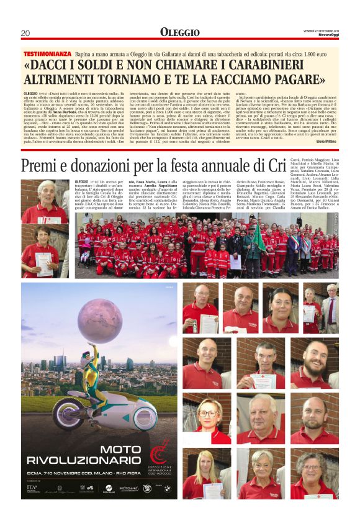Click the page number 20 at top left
click(25, 33)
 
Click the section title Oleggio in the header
click(179, 32)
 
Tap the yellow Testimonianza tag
click(47, 55)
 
